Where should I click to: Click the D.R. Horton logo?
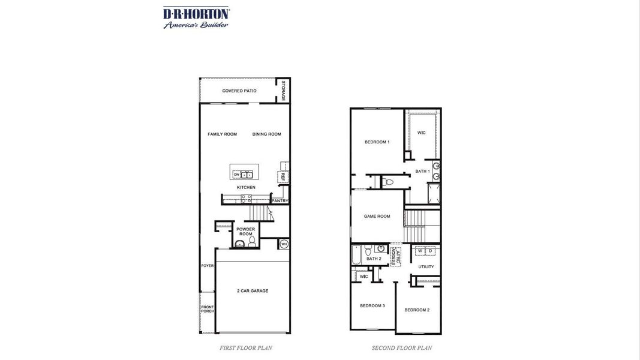196,17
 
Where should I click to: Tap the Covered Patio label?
239,91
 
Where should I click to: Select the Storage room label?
284,90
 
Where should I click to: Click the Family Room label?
222,134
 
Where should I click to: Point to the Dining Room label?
266,134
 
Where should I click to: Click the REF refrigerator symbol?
281,176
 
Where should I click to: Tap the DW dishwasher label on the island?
237,175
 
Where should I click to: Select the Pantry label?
280,201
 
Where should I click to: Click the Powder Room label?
245,232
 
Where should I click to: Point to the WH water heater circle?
284,244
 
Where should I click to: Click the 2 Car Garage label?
253,291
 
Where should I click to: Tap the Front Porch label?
207,309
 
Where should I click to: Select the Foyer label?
207,266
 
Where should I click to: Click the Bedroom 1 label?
377,142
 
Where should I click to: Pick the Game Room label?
377,217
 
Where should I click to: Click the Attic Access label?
395,256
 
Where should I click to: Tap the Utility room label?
426,267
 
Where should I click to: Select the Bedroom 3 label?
372,306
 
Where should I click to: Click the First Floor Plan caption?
246,348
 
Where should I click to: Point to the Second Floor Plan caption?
401,348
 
